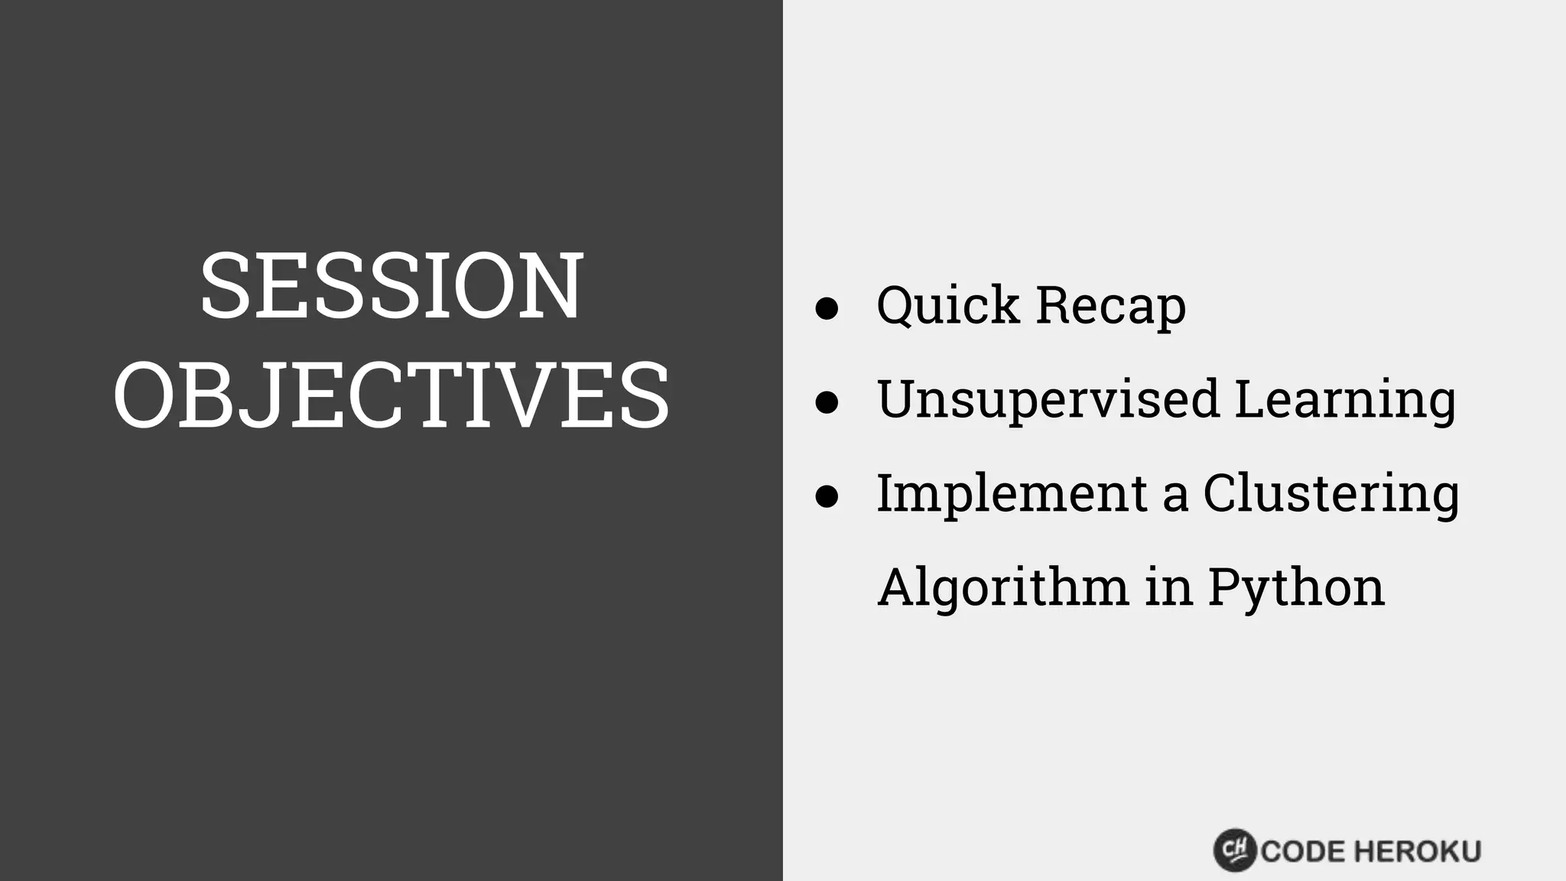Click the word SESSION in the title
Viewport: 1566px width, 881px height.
pyautogui.click(x=391, y=286)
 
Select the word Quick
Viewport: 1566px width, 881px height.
pyautogui.click(x=948, y=306)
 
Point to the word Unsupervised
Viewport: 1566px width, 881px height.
pyautogui.click(x=1048, y=400)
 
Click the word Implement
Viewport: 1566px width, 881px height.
pyautogui.click(x=1012, y=494)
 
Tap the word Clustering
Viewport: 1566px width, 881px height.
pyautogui.click(x=1331, y=496)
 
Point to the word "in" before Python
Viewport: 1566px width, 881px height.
pyautogui.click(x=1169, y=587)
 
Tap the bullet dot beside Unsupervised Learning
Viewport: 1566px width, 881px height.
pyautogui.click(x=827, y=402)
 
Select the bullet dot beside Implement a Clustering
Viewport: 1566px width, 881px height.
pyautogui.click(x=827, y=496)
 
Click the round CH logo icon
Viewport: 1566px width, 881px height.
pyautogui.click(x=1235, y=850)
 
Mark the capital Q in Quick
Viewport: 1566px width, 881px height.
pyautogui.click(x=898, y=306)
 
